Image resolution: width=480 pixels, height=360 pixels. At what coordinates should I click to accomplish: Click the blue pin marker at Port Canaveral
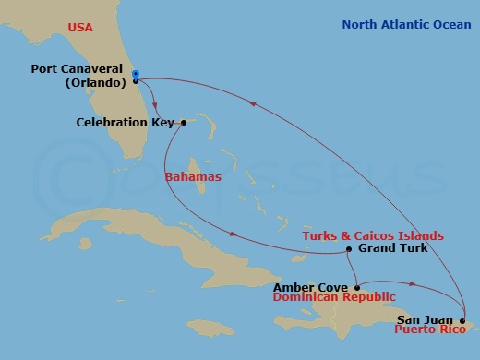[x=135, y=75]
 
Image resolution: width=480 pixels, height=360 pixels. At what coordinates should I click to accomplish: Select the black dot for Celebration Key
[x=184, y=122]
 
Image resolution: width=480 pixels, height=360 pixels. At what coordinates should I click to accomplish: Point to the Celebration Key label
[x=126, y=122]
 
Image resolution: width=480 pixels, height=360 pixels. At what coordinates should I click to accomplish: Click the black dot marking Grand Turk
[x=348, y=249]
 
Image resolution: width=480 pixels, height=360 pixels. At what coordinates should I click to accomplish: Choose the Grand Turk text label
[x=389, y=249]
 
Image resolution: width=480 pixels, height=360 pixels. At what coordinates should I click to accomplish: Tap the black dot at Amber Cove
[x=356, y=287]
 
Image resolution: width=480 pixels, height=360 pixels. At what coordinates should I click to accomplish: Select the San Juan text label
[x=426, y=318]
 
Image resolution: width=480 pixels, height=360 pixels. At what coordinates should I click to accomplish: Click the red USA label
[x=80, y=29]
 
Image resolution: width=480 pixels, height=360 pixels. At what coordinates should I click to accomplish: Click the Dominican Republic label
[x=334, y=297]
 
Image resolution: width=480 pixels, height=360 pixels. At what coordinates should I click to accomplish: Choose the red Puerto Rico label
[x=432, y=329]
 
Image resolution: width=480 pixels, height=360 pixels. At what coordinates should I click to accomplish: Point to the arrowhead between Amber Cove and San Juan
[x=413, y=285]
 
